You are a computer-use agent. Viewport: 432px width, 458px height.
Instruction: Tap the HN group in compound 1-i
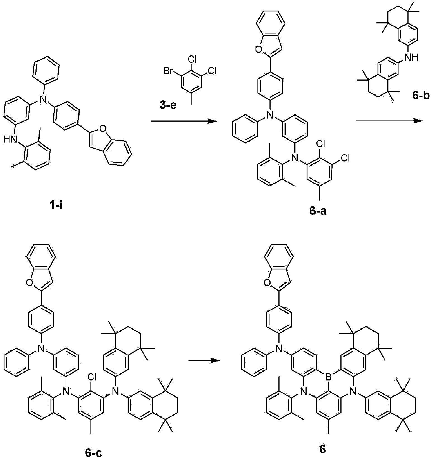pos(10,139)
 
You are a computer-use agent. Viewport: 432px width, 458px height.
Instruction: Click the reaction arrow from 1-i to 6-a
pos(184,121)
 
